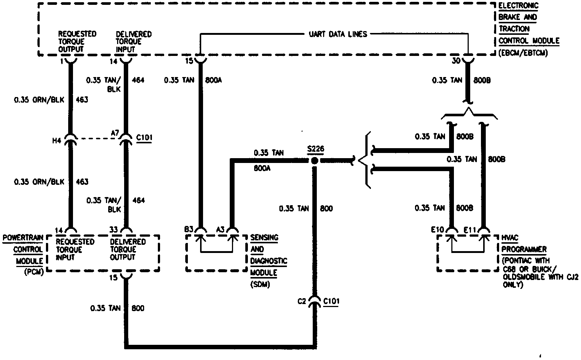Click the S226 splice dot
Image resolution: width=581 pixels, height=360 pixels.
[315, 161]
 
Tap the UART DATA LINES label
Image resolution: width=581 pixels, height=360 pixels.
[338, 34]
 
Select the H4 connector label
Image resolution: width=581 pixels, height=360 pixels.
[57, 141]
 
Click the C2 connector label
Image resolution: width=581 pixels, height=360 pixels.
[302, 301]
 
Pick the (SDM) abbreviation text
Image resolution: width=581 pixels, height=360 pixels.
[260, 284]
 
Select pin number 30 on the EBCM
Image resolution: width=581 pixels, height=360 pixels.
[456, 60]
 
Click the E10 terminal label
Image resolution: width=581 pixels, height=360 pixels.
[438, 230]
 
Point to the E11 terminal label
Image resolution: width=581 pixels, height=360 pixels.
[470, 230]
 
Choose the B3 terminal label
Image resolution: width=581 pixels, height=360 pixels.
[189, 230]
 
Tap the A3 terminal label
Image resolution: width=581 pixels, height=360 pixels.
[220, 230]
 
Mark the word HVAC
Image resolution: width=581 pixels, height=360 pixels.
[510, 238]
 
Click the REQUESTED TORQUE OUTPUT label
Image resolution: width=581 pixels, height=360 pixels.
[77, 41]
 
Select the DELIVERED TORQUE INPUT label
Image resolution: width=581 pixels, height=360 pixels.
[133, 41]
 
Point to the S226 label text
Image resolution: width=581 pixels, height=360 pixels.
[315, 149]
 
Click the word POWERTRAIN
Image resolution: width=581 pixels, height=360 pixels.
[23, 238]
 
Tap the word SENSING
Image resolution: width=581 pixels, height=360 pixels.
[264, 237]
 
